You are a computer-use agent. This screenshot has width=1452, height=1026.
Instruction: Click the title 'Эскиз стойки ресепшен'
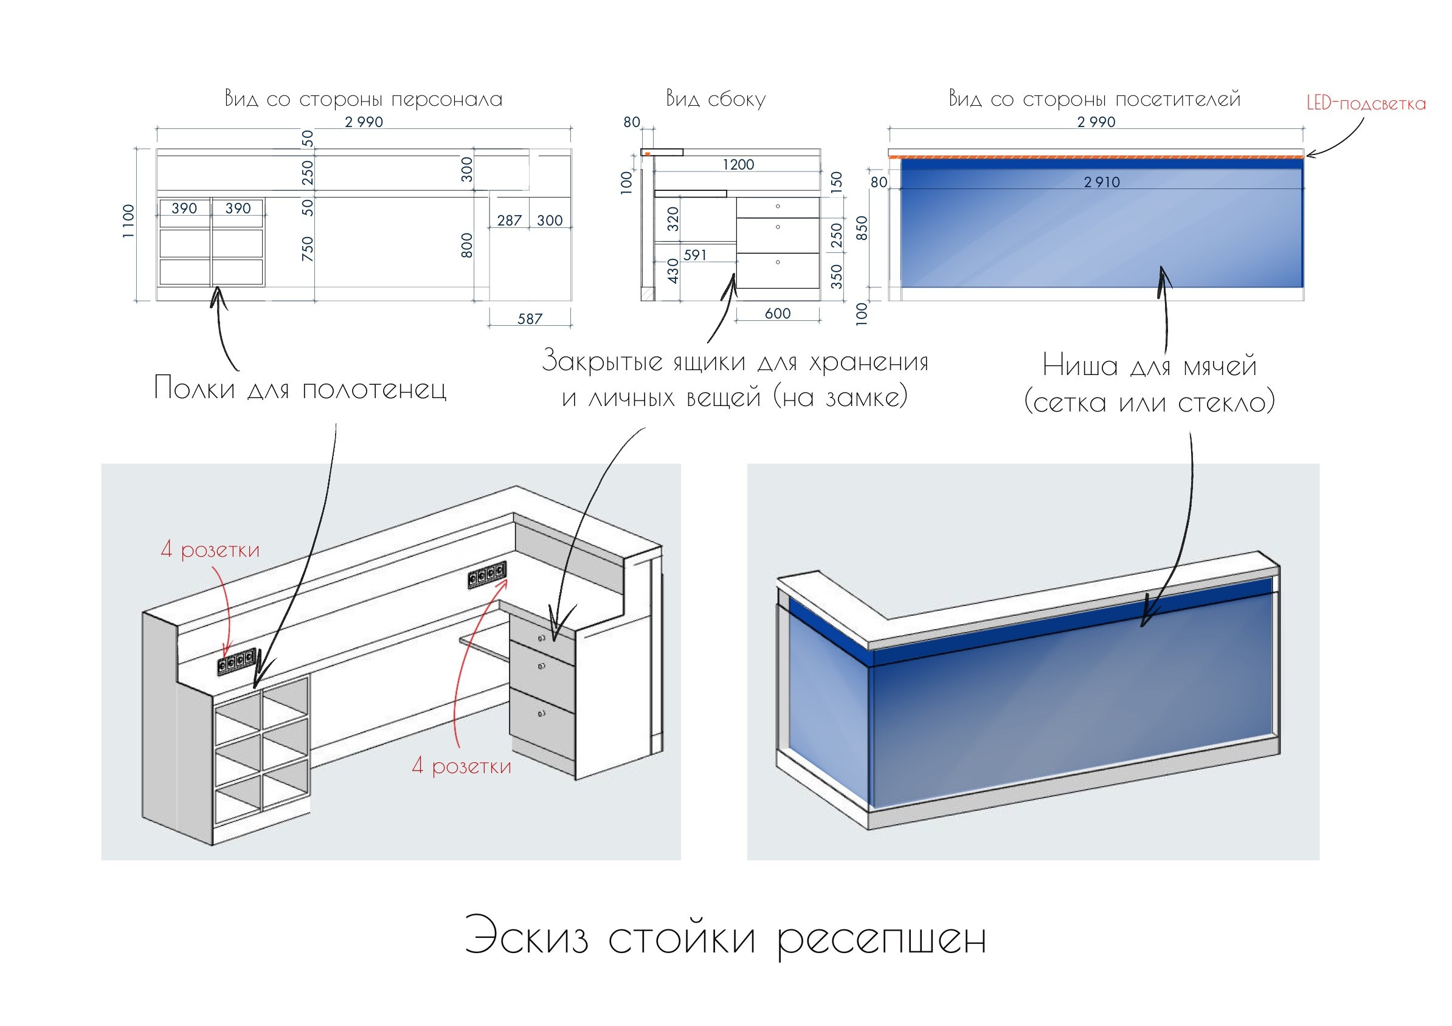point(725,937)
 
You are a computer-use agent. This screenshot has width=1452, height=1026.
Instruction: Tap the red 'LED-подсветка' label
point(1366,104)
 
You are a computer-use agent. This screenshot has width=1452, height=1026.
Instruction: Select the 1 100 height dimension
point(128,221)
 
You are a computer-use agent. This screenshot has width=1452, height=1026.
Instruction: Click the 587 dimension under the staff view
point(530,318)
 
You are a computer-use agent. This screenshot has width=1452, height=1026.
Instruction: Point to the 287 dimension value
point(509,220)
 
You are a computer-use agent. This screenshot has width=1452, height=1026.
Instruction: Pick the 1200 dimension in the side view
point(738,164)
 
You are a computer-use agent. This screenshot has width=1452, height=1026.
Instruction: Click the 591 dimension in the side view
point(694,255)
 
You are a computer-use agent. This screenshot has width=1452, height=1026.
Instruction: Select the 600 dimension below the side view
point(777,313)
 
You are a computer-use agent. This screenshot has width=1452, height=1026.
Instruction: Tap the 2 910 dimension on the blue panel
point(1102,182)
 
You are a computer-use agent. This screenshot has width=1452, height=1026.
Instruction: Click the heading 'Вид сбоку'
point(715,98)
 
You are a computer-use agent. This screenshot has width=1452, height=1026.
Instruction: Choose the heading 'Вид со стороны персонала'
point(364,98)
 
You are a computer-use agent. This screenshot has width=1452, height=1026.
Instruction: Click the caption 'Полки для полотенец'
point(300,388)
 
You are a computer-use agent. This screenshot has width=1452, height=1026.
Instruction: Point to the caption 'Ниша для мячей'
point(1149,365)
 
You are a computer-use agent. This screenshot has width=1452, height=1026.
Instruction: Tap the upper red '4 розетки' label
point(210,549)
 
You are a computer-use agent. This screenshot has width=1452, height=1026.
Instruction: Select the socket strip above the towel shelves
point(237,661)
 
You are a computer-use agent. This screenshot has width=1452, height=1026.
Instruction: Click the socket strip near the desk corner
point(487,574)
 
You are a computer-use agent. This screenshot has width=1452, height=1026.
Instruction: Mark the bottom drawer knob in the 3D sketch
point(541,714)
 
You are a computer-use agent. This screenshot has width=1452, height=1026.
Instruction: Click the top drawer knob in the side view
point(778,206)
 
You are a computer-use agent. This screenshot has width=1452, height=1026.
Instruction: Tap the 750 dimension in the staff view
point(307,249)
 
